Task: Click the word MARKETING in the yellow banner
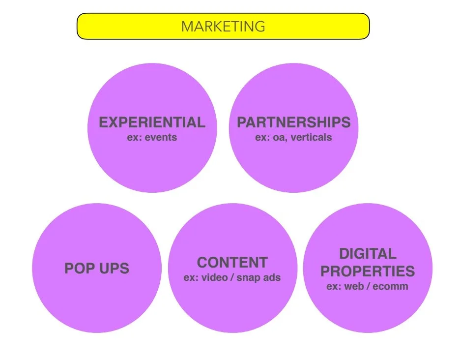(223, 26)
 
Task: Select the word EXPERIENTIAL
(152, 122)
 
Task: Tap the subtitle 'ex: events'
(152, 137)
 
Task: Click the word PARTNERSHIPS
(293, 122)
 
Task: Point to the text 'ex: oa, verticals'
(293, 137)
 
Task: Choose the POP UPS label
(97, 269)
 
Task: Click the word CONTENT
(232, 262)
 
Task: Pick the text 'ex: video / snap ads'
(232, 277)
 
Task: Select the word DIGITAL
(368, 254)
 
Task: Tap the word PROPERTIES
(368, 271)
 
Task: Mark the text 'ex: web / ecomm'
(368, 286)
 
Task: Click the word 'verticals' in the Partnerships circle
(311, 137)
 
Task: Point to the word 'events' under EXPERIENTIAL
(161, 137)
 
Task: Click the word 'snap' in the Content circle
(249, 278)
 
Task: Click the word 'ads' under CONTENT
(272, 277)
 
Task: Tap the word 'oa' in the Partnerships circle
(279, 138)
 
